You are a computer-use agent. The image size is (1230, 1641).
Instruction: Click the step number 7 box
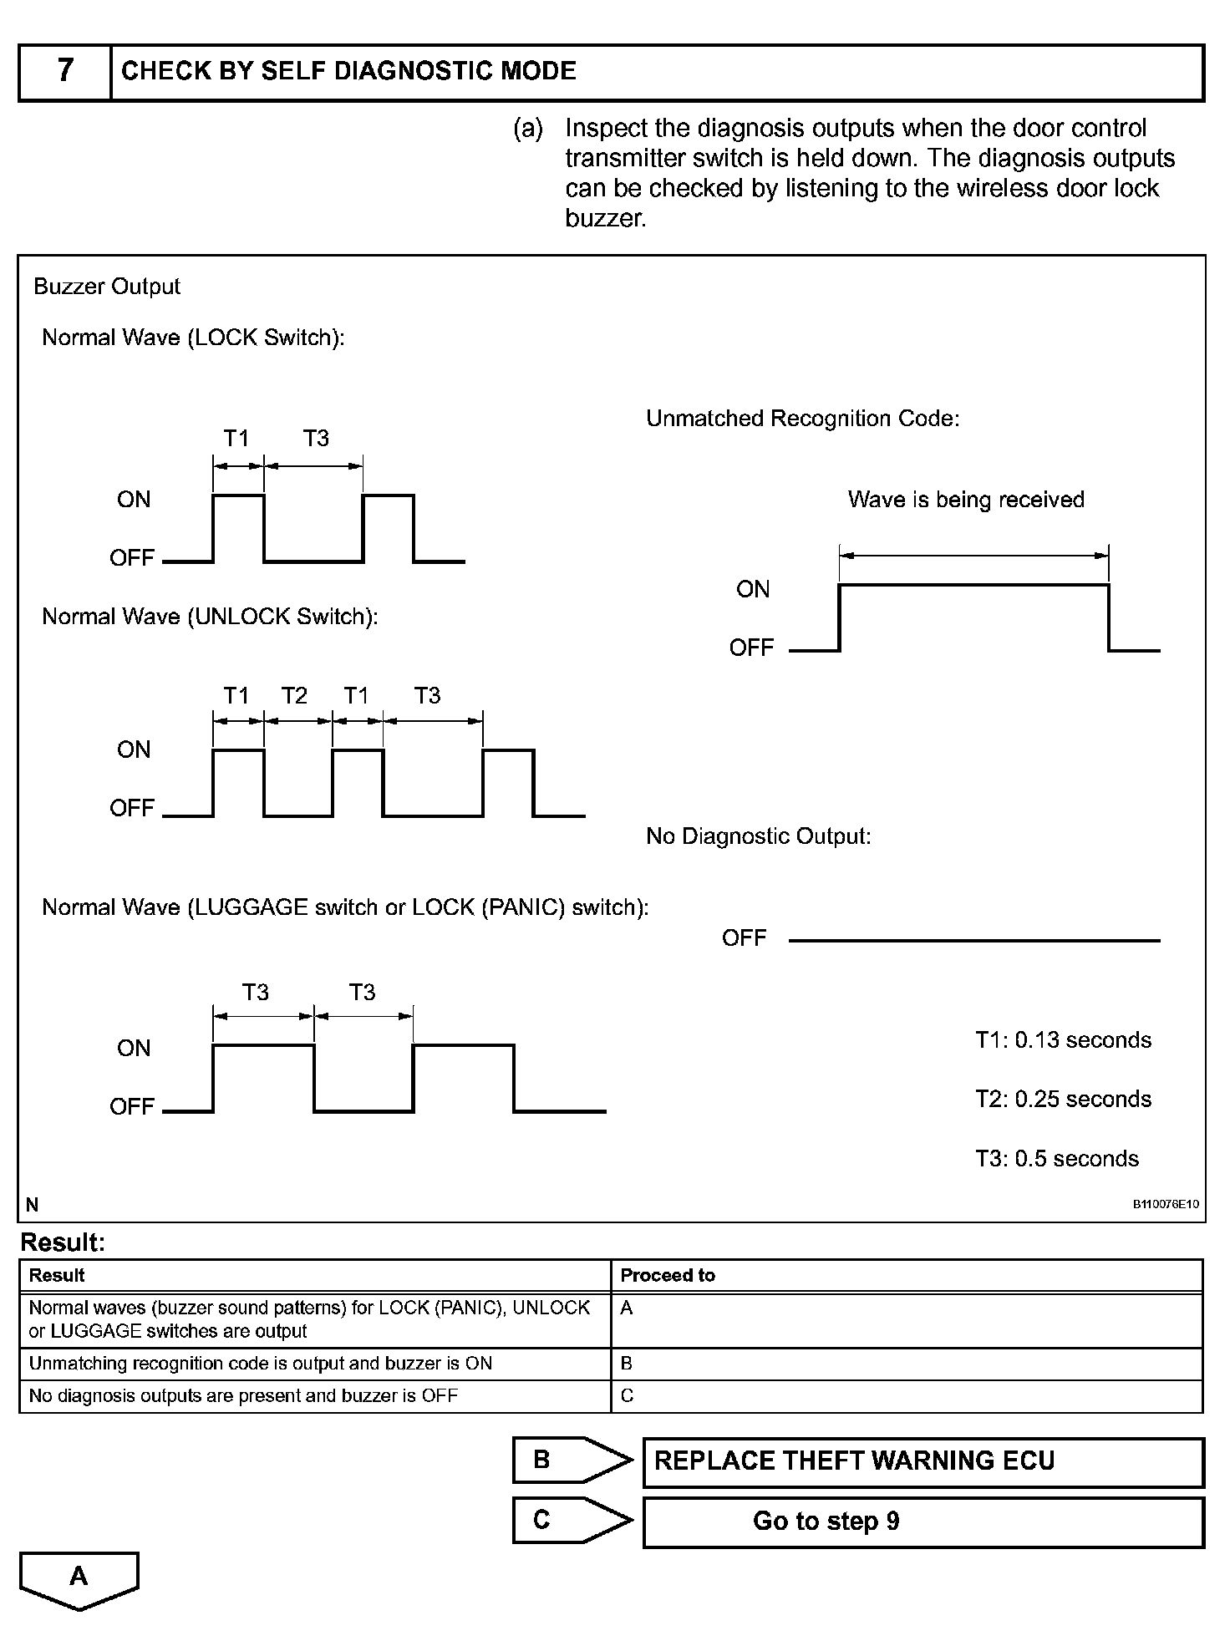[65, 72]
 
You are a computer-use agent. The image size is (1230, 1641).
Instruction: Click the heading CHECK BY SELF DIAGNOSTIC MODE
[348, 72]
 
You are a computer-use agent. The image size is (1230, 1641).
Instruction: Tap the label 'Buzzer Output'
[107, 287]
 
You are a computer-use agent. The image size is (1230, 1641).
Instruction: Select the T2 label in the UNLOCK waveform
[294, 695]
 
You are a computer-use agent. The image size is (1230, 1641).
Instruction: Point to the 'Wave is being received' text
[966, 500]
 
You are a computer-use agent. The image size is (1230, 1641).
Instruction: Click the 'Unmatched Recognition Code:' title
[803, 419]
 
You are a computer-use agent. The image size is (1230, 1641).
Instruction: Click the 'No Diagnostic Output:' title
[759, 836]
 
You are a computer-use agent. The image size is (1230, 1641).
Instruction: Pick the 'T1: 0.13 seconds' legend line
[1063, 1040]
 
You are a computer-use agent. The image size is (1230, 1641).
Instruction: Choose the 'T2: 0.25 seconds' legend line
[1063, 1100]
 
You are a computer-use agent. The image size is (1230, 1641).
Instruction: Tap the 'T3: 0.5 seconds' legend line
[1057, 1159]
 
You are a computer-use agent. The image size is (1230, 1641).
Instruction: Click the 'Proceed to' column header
[668, 1276]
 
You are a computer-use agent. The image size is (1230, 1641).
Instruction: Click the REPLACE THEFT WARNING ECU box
[923, 1461]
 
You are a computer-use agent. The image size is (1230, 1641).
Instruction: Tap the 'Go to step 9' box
[923, 1522]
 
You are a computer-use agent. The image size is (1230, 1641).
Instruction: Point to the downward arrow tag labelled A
[79, 1578]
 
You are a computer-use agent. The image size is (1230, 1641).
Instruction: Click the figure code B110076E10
[1166, 1205]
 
